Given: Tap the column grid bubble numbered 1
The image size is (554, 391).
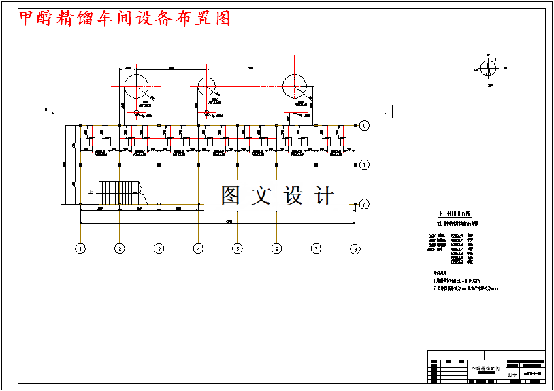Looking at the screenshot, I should [80, 249].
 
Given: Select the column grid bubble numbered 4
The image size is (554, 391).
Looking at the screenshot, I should [198, 249].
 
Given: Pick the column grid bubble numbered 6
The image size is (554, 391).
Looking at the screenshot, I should [276, 249].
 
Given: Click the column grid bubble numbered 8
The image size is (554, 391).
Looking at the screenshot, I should [355, 249].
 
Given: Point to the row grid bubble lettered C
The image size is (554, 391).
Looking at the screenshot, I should [365, 125].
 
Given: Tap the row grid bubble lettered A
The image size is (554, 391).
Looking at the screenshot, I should [365, 204].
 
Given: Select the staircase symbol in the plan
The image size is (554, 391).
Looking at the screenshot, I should [120, 191].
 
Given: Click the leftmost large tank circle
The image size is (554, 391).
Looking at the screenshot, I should [136, 86].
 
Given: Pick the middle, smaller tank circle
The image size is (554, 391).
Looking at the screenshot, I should [206, 86].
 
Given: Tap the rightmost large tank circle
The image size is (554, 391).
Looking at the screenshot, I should [295, 86].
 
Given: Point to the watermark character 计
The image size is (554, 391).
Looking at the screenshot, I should [325, 196].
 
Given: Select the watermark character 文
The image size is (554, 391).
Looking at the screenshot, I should [262, 196].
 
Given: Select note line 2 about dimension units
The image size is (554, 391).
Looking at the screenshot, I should [466, 288].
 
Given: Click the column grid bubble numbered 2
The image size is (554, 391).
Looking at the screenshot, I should [120, 249].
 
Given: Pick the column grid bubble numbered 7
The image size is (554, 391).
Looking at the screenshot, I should [316, 249].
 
